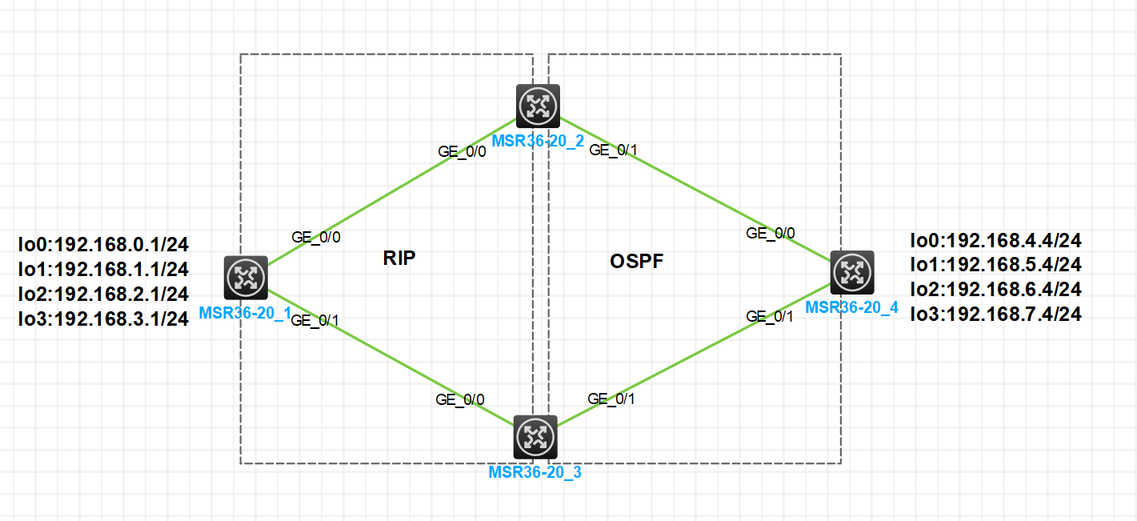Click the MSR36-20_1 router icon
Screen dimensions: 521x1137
tap(246, 278)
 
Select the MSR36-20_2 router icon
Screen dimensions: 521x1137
tap(538, 106)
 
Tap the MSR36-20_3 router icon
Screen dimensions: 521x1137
tap(534, 437)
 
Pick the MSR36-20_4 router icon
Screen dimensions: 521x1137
tap(852, 272)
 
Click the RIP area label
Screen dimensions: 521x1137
tap(399, 258)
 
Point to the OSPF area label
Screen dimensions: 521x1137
tap(637, 261)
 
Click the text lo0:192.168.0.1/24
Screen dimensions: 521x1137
tap(103, 244)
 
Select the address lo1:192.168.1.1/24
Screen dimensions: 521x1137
tap(103, 269)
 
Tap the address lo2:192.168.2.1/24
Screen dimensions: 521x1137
tap(103, 294)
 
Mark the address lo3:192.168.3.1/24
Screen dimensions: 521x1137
tap(103, 319)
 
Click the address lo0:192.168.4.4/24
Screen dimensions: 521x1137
tap(996, 239)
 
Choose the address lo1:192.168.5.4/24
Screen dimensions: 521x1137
tap(996, 264)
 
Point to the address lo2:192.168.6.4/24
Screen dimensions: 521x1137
tap(996, 289)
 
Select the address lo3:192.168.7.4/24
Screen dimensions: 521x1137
tap(996, 315)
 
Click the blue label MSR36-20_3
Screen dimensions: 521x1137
tap(534, 472)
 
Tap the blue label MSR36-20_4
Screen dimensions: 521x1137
tap(851, 307)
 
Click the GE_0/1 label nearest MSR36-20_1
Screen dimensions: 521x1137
tap(315, 321)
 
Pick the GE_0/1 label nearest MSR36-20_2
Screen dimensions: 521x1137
tap(613, 150)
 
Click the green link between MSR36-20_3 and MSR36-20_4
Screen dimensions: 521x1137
tap(693, 355)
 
